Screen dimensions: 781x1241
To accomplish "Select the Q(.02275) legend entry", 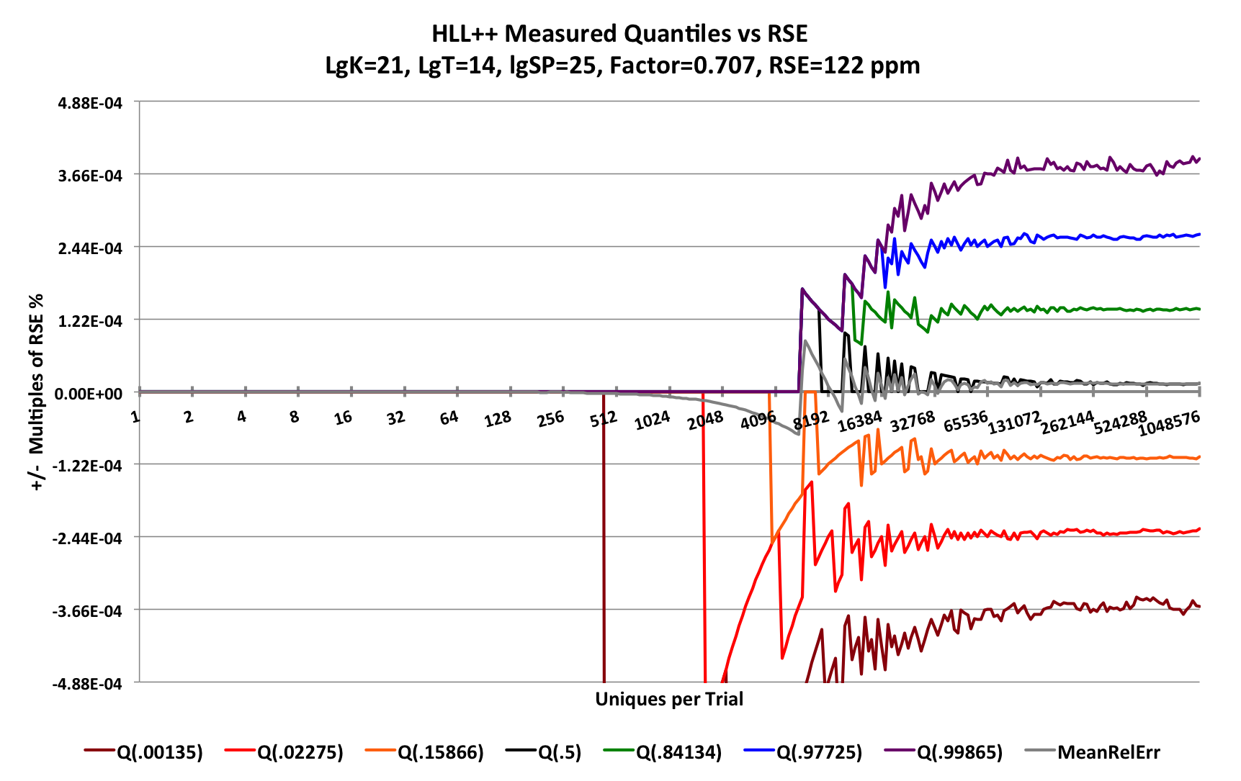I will pos(300,752).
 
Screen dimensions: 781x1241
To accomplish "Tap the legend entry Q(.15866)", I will pos(440,752).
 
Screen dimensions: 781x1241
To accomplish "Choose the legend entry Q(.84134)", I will pos(678,752).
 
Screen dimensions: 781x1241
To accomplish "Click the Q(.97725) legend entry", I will pos(818,752).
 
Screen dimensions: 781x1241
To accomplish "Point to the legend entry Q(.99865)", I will pos(959,752).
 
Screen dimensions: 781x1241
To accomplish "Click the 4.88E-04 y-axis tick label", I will pos(90,103).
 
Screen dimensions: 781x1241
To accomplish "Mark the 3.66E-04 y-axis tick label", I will pos(90,176).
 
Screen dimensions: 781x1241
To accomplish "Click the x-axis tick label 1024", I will pos(653,421).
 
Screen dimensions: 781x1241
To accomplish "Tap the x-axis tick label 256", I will pos(550,419).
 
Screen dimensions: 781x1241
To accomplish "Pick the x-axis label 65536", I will pos(965,422).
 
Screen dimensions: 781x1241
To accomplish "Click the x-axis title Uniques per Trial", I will pos(669,699).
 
